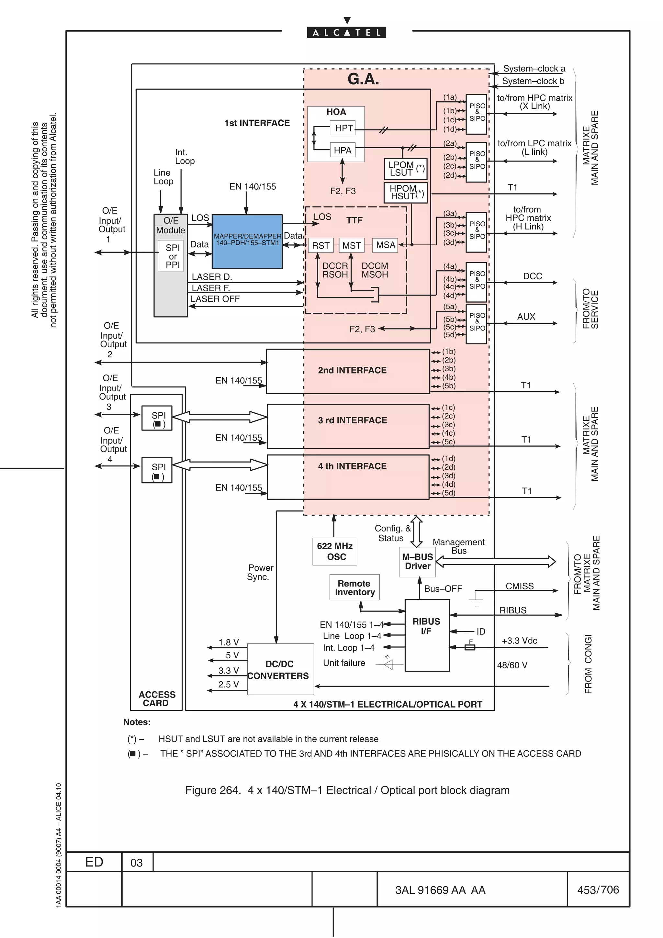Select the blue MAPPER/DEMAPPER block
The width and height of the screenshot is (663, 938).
247,242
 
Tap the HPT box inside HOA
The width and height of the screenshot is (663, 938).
343,128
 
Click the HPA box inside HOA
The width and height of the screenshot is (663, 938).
342,150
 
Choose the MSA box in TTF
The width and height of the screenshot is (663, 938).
385,245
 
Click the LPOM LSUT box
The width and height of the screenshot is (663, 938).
405,169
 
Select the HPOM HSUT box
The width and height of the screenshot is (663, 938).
405,192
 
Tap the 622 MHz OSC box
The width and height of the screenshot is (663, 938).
334,552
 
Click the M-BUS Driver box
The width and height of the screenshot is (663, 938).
417,562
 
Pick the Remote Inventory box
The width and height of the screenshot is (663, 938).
354,587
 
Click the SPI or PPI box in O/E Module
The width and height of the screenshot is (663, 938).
173,256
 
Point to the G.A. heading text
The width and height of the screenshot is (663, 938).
363,79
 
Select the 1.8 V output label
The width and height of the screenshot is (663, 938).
228,642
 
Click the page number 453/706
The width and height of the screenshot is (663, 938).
598,890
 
